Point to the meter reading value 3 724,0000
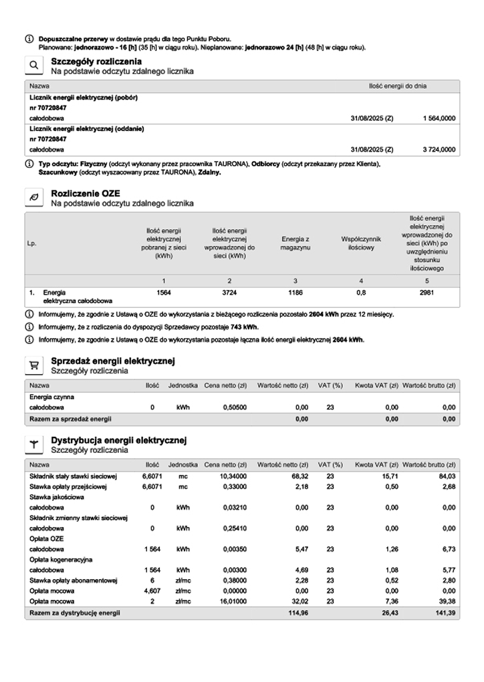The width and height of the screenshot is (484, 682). click(x=439, y=150)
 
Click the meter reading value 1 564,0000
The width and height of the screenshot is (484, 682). click(x=439, y=118)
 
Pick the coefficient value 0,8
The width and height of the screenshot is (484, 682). click(x=361, y=293)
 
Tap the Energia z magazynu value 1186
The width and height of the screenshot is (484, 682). click(x=295, y=293)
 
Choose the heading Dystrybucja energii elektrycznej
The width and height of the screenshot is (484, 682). click(x=118, y=440)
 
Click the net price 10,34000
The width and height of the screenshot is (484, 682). click(x=225, y=476)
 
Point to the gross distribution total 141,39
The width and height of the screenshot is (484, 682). click(x=445, y=613)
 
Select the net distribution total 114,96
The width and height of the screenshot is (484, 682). click(x=295, y=613)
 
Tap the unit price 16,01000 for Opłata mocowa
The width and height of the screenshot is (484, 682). click(x=225, y=601)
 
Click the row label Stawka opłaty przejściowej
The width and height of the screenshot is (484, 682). click(x=70, y=486)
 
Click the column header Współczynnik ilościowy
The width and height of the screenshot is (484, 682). click(x=361, y=243)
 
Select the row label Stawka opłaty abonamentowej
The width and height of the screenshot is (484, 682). click(x=74, y=580)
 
